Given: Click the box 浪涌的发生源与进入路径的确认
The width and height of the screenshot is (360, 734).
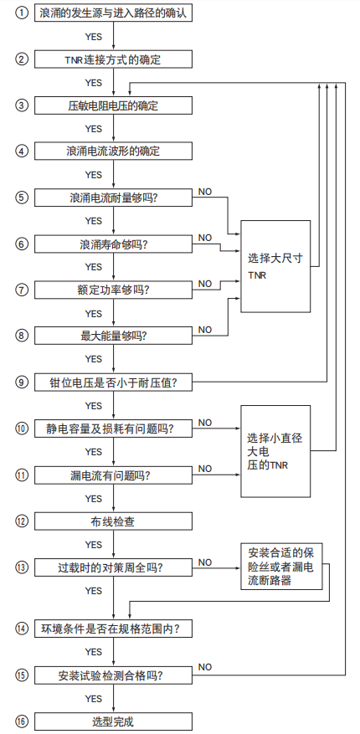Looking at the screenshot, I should pyautogui.click(x=114, y=15).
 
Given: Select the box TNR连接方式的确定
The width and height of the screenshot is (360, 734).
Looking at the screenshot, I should pyautogui.click(x=114, y=60).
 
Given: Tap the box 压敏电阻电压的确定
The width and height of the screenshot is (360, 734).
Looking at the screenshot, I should pyautogui.click(x=114, y=106).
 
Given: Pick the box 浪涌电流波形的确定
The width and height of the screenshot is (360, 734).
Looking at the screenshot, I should pyautogui.click(x=114, y=151).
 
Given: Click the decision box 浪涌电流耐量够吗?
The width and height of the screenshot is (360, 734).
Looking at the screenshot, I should pyautogui.click(x=114, y=198).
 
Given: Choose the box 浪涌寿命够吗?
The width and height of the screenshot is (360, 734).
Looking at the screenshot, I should pyautogui.click(x=114, y=244).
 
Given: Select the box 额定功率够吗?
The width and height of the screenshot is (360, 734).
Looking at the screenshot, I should pyautogui.click(x=114, y=290).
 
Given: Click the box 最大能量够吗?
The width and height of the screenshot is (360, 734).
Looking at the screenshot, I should pyautogui.click(x=114, y=336).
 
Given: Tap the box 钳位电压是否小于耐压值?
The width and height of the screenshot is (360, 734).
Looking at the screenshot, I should pyautogui.click(x=114, y=382).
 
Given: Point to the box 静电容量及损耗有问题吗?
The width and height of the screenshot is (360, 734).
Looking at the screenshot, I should pyautogui.click(x=114, y=429).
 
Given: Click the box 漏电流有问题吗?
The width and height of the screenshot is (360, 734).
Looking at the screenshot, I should pyautogui.click(x=114, y=475).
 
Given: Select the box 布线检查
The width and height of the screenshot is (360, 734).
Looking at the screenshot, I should pyautogui.click(x=114, y=521).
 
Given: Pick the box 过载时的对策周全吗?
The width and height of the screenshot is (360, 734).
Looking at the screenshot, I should pyautogui.click(x=114, y=567).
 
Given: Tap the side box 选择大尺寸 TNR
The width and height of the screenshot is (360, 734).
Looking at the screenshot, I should pyautogui.click(x=275, y=266).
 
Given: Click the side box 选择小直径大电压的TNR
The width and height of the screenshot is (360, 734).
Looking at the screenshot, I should pyautogui.click(x=275, y=453).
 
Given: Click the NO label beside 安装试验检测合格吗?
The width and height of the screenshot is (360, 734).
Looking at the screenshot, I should pyautogui.click(x=205, y=666).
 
